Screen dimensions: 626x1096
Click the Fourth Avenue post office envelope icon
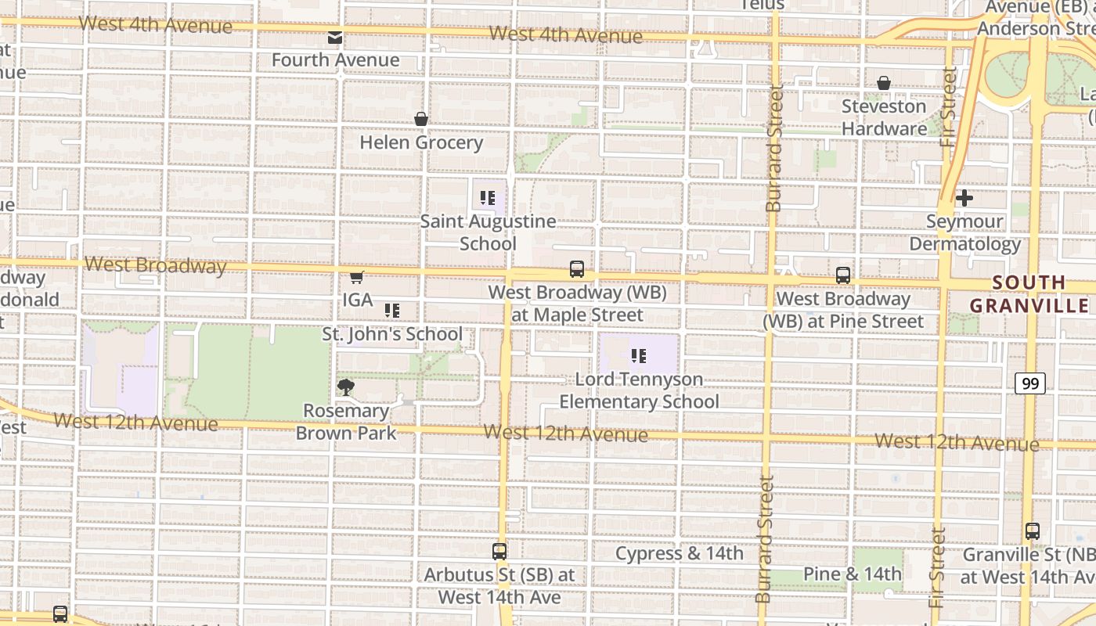click(x=335, y=37)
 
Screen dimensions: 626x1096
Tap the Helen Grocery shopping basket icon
click(x=421, y=119)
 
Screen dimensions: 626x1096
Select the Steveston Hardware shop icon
click(x=884, y=83)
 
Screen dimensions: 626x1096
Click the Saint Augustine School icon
click(x=488, y=198)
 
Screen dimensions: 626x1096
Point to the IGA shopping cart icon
click(x=357, y=276)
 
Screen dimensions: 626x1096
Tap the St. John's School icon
click(x=392, y=311)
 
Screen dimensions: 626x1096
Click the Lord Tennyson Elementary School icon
click(x=639, y=356)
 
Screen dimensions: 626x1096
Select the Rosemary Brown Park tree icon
click(x=345, y=387)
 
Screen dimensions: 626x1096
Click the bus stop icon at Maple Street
click(x=577, y=269)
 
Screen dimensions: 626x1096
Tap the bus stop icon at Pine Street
click(x=843, y=275)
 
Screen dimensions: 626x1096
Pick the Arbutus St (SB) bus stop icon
click(x=499, y=552)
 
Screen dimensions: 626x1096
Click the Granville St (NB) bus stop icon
click(x=1033, y=531)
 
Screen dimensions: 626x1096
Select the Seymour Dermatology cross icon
click(x=964, y=198)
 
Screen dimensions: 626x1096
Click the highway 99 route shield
click(x=1030, y=383)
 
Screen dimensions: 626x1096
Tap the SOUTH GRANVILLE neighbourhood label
click(x=1029, y=293)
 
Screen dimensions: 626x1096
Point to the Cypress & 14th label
click(x=679, y=554)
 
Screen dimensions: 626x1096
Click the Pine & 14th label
click(x=853, y=574)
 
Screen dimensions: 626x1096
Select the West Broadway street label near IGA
click(x=155, y=265)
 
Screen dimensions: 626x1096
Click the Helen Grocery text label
click(x=421, y=142)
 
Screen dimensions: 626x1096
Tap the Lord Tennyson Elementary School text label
click(x=639, y=390)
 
